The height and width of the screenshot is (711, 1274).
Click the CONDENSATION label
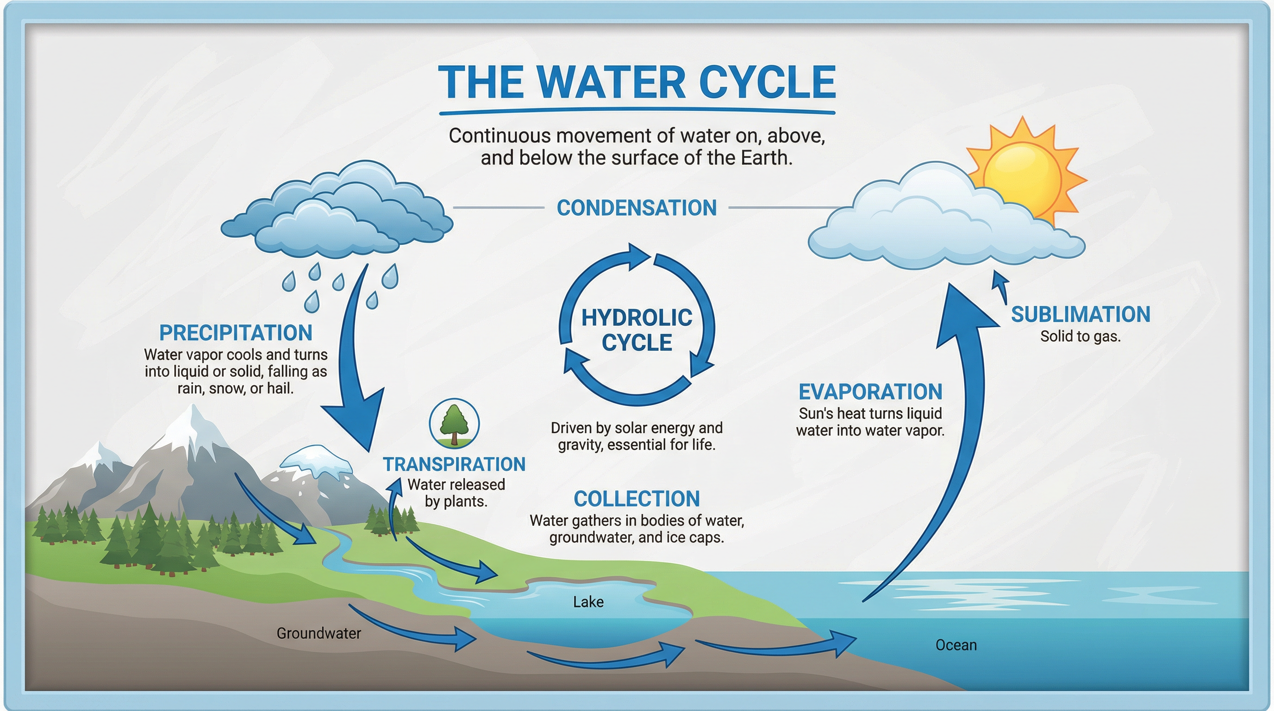(637, 208)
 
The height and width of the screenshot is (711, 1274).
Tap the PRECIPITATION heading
(236, 333)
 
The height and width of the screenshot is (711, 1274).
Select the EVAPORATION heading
(870, 392)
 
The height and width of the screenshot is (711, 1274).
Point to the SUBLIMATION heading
(1080, 314)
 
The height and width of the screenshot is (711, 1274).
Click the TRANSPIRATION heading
(454, 464)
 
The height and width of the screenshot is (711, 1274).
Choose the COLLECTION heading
(637, 499)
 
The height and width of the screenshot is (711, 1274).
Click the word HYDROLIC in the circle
(637, 318)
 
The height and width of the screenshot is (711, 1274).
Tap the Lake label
(588, 602)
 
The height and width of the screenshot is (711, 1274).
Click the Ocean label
(956, 645)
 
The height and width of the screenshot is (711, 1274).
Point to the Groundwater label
(318, 633)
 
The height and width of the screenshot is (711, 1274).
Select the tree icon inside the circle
(454, 423)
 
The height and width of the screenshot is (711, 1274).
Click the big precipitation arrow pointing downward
(356, 366)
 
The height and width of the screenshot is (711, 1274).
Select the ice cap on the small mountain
(317, 460)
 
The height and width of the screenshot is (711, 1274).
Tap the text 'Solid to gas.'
(1080, 336)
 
